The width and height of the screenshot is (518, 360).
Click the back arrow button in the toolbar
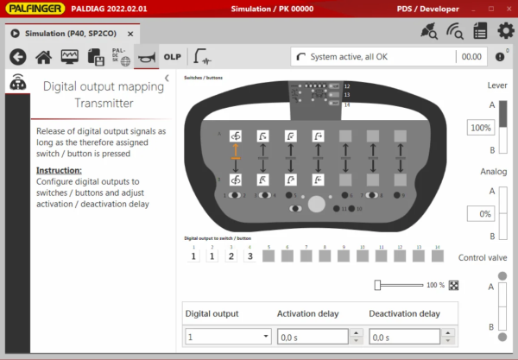[18, 57]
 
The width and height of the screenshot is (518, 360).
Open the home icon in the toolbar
[44, 57]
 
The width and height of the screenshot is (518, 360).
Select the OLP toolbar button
[172, 57]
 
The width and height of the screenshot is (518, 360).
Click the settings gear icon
[505, 31]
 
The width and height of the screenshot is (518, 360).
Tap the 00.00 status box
[471, 57]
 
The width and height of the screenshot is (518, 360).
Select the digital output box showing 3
[250, 256]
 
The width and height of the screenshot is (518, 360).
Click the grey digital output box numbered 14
[437, 256]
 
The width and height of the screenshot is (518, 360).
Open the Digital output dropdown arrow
[265, 337]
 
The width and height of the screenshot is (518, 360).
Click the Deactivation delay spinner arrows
[446, 337]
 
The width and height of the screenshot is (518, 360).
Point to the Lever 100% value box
[479, 127]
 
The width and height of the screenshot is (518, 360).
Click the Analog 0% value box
[479, 212]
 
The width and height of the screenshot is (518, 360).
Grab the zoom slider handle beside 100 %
[377, 284]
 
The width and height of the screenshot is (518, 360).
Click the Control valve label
[483, 257]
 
